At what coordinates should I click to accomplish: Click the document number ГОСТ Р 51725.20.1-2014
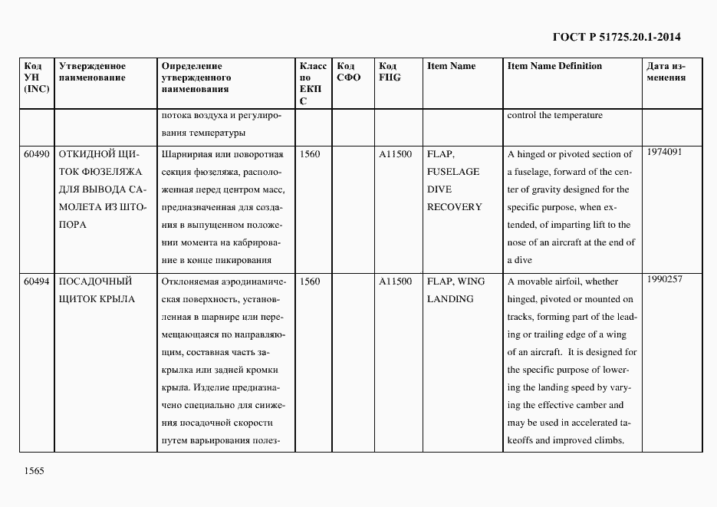[617, 36]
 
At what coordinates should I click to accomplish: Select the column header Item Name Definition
[554, 66]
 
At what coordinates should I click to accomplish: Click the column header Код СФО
[348, 71]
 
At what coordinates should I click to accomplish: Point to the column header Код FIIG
[390, 71]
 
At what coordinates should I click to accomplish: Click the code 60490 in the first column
[36, 154]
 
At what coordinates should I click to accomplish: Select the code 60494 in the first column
[36, 281]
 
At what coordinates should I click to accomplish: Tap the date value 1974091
[664, 152]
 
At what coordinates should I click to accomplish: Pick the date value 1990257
[664, 279]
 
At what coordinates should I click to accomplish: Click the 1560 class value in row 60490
[310, 154]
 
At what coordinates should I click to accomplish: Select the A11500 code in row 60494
[395, 281]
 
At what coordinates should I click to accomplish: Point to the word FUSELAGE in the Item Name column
[453, 172]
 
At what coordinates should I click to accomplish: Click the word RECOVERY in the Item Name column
[455, 207]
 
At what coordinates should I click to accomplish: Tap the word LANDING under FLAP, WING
[450, 299]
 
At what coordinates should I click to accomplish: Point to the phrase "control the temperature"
[554, 116]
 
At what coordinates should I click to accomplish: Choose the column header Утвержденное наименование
[92, 71]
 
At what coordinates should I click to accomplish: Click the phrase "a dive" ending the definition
[519, 260]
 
